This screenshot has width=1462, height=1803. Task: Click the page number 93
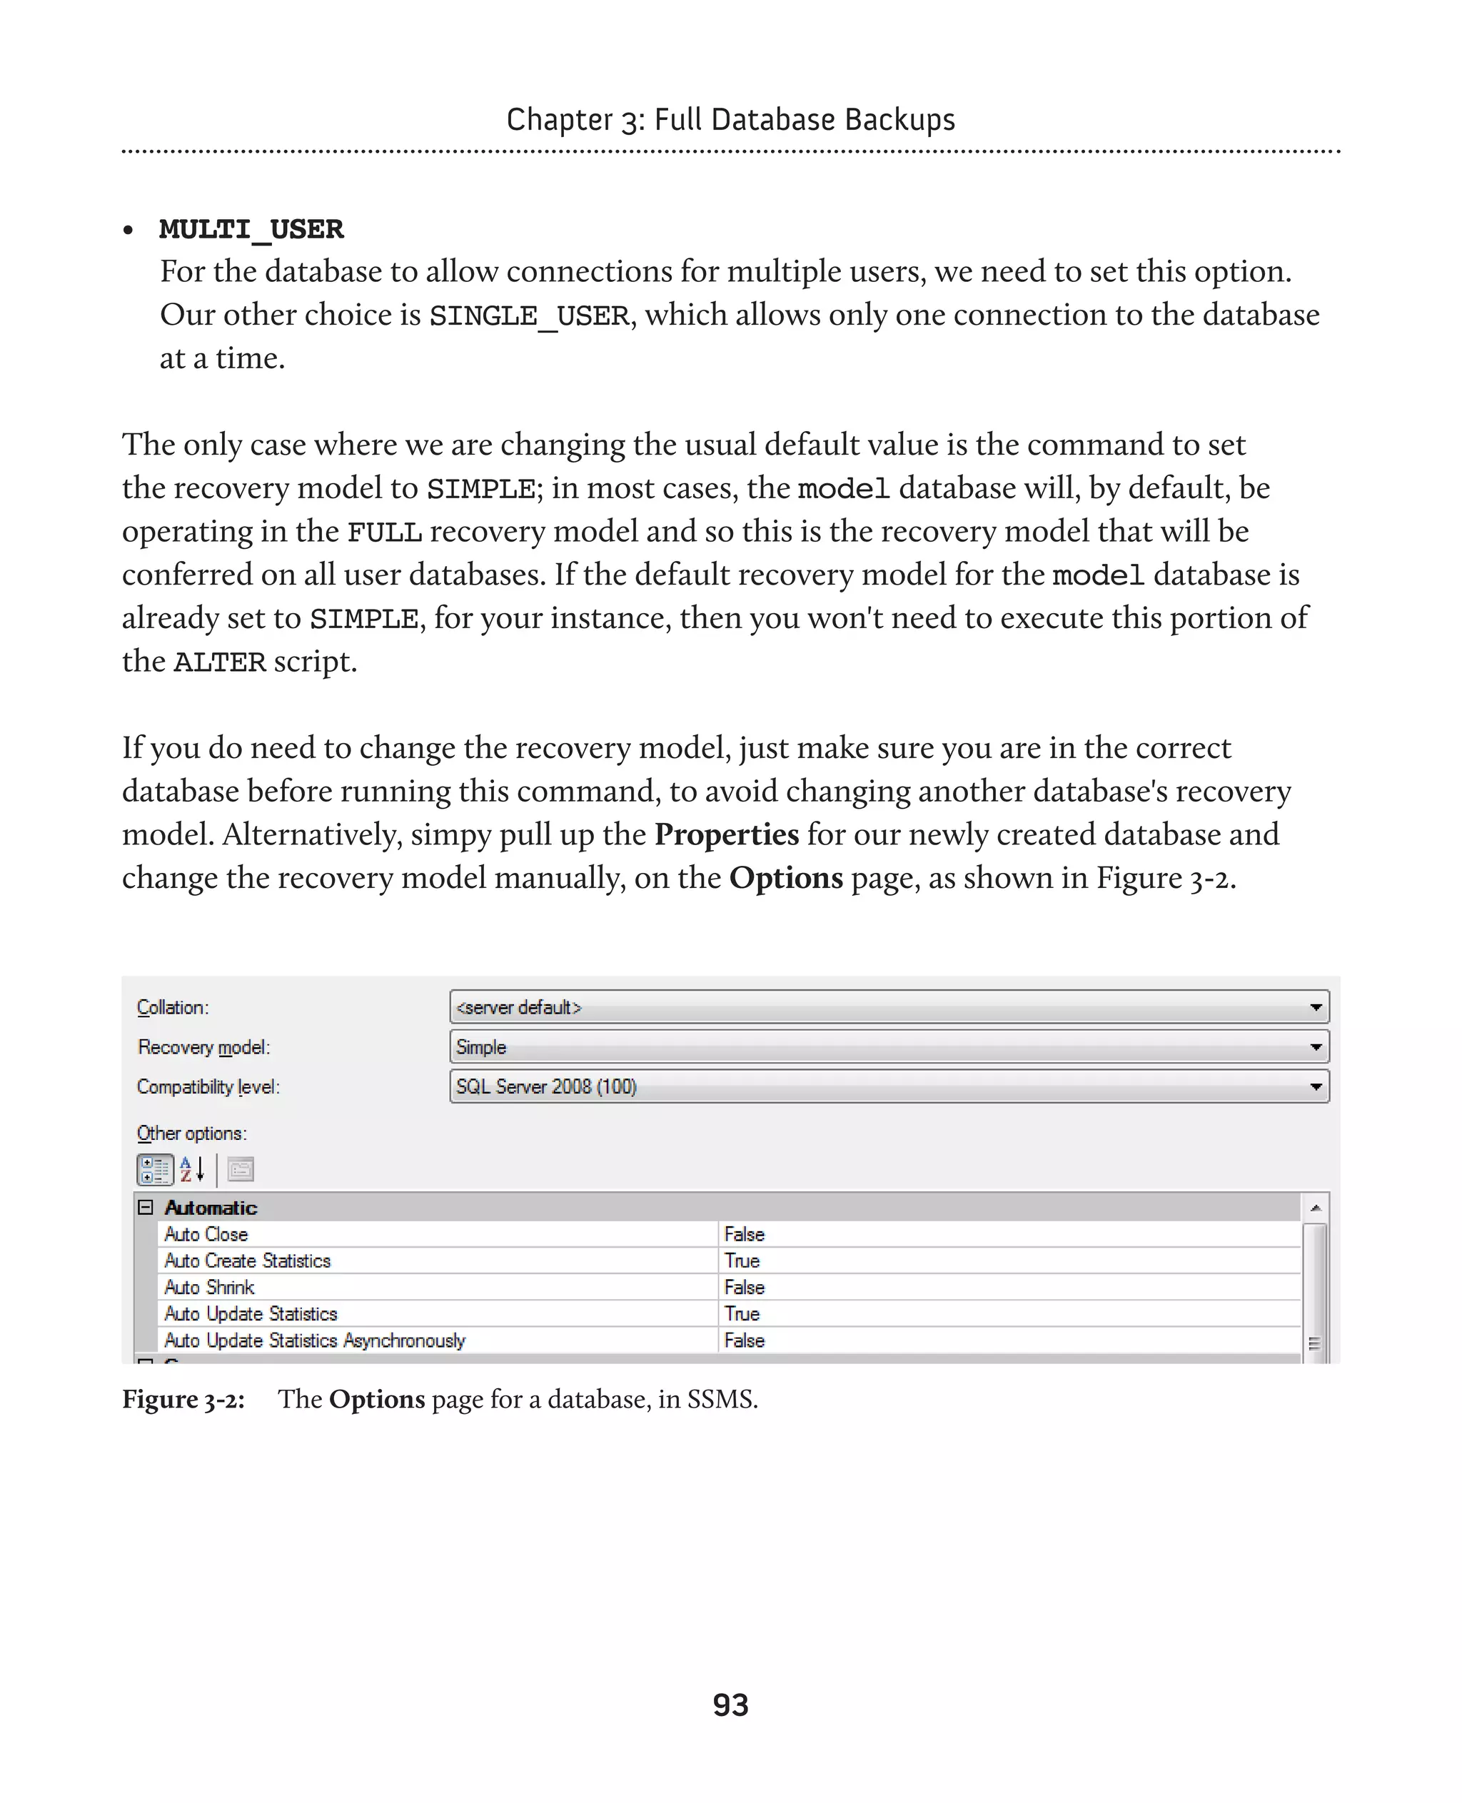click(730, 1704)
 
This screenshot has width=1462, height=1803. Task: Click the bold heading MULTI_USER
click(251, 229)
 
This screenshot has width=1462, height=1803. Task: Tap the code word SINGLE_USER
click(529, 315)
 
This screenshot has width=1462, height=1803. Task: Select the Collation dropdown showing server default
click(889, 1007)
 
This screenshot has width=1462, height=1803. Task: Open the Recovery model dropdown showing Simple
click(889, 1047)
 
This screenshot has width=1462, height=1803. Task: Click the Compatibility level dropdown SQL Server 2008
click(889, 1086)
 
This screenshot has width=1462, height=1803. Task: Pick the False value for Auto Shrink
click(745, 1287)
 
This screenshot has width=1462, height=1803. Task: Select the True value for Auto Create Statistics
click(742, 1261)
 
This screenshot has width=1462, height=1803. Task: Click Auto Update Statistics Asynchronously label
click(314, 1340)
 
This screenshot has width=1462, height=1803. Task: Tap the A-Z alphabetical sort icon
click(192, 1169)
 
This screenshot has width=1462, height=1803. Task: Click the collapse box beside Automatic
click(145, 1208)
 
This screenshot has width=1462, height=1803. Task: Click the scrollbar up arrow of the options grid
click(1316, 1208)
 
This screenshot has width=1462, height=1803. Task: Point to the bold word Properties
click(726, 834)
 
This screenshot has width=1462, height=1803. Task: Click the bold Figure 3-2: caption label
click(183, 1399)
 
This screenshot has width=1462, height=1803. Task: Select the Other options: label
click(192, 1133)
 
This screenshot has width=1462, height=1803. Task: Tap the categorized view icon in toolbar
click(155, 1169)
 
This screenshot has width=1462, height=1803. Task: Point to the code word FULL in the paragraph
click(384, 533)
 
